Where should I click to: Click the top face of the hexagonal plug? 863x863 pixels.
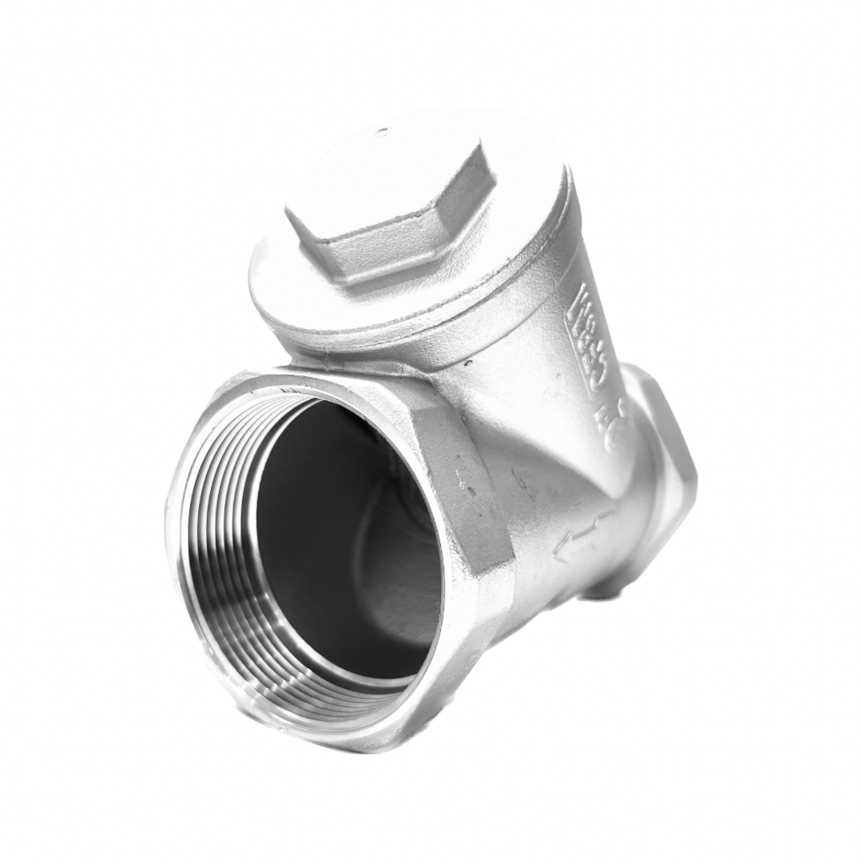tap(384, 188)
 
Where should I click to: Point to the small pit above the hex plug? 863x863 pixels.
tap(382, 132)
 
